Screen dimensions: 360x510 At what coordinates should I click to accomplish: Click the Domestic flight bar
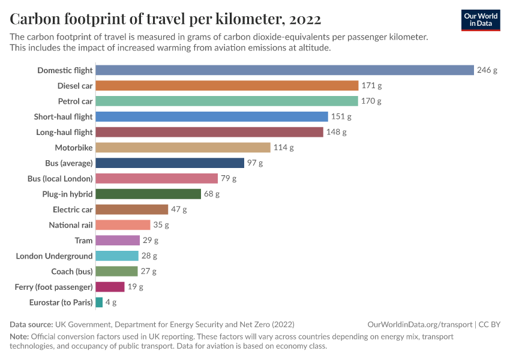[x=284, y=70]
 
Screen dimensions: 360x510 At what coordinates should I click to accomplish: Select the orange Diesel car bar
[x=227, y=86]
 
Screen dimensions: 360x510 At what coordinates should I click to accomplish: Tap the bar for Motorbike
[x=183, y=148]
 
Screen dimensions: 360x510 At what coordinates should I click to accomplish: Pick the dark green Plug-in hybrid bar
[x=148, y=194]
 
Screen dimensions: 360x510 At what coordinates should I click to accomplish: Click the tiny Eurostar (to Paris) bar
[x=99, y=302]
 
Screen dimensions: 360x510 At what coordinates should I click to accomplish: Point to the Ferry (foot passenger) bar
[x=110, y=287]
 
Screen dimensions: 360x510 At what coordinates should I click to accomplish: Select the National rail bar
[x=122, y=225]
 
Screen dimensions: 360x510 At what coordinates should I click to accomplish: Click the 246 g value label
[x=487, y=70]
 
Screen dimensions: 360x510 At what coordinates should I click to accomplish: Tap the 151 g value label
[x=341, y=116]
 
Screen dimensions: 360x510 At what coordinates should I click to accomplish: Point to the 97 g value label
[x=255, y=163]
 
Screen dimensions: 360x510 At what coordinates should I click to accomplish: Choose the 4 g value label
[x=111, y=302]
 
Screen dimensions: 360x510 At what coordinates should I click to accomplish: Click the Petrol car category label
[x=75, y=101]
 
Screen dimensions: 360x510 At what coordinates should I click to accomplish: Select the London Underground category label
[x=54, y=256]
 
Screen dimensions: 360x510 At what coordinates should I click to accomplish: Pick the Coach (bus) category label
[x=72, y=272]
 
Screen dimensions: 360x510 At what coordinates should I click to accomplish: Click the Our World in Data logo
[x=480, y=20]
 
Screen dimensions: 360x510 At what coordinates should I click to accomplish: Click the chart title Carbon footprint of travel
[x=165, y=19]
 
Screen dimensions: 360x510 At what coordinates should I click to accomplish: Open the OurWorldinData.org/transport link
[x=419, y=324]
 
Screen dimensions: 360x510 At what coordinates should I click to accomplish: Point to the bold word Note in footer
[x=20, y=336]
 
